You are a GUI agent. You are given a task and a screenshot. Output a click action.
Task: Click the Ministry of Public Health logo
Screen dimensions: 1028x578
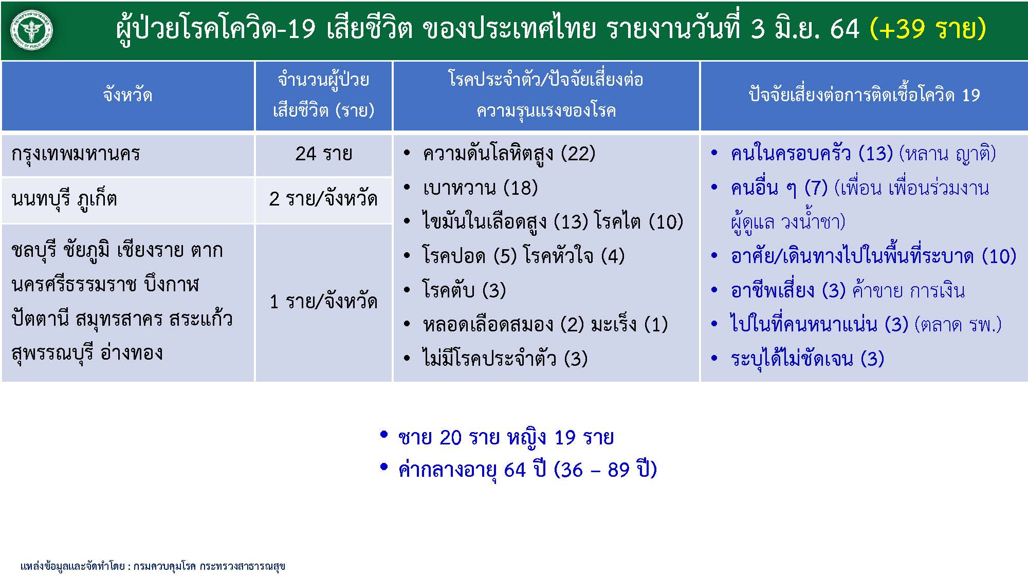coord(31,30)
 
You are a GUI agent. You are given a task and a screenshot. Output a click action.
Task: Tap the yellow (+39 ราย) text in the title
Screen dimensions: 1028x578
coord(928,28)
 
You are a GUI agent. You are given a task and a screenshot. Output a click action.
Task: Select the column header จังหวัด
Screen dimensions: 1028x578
coord(127,95)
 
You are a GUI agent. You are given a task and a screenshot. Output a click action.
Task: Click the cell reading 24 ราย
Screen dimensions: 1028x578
coord(323,154)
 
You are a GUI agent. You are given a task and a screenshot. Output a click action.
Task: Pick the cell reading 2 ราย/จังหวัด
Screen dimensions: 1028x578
coord(323,199)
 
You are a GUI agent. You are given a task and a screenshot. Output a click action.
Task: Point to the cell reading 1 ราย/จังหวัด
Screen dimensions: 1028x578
coord(323,302)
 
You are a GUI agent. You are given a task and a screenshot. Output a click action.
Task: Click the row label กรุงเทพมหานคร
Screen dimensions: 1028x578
coord(76,154)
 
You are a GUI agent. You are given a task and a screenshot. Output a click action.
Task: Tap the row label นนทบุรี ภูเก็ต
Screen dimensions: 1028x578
coord(64,199)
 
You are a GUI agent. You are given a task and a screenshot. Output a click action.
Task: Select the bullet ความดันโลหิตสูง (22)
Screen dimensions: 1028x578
coord(508,154)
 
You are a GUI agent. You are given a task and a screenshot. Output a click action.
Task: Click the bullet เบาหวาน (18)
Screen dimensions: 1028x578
coord(480,188)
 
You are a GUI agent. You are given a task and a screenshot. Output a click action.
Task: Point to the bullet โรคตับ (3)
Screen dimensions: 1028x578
coord(464,290)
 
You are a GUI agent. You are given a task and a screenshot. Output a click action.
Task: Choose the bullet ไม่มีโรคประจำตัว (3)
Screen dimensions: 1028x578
coord(505,359)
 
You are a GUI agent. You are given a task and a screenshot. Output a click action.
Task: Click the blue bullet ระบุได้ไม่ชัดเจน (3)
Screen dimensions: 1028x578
coord(807,359)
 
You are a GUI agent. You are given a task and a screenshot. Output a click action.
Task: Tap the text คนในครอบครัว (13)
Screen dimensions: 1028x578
coord(812,154)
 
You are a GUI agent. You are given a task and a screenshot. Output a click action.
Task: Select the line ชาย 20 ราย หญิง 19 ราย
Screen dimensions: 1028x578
coord(506,438)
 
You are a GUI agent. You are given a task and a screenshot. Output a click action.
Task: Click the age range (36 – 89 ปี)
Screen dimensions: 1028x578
coord(605,470)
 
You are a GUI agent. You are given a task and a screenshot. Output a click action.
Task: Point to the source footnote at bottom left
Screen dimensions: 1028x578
coord(153,566)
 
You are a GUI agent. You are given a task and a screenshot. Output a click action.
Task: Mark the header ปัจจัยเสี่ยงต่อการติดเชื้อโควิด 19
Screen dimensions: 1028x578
coord(864,95)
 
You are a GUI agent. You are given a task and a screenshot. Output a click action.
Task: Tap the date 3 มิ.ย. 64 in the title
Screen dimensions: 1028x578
coord(805,28)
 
